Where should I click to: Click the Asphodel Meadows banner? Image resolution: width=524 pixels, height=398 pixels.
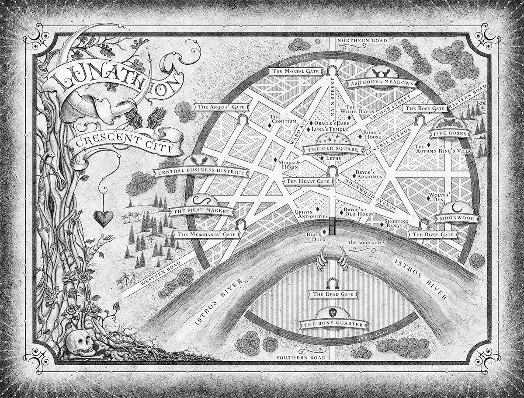(x=380, y=82)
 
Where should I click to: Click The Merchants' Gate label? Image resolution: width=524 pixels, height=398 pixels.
(x=207, y=234)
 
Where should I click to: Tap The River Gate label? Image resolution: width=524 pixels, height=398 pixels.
(x=433, y=235)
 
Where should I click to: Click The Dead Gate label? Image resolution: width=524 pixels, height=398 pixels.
(x=330, y=295)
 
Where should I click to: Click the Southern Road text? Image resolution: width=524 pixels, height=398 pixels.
(x=301, y=357)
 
